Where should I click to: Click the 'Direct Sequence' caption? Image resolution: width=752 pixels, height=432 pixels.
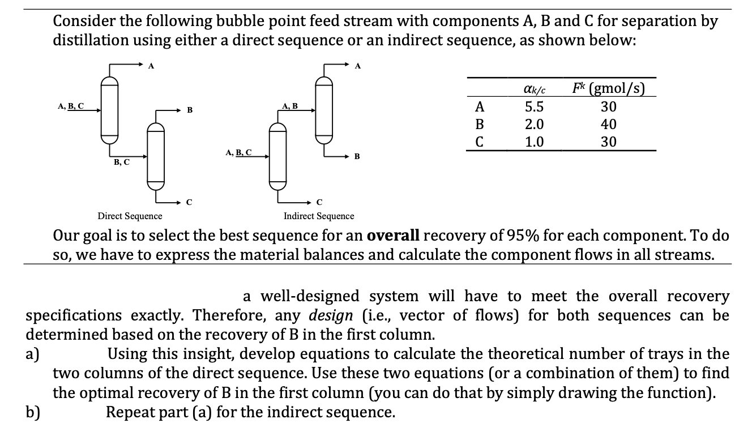pyautogui.click(x=130, y=216)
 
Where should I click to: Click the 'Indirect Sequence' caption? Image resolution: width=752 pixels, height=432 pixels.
pyautogui.click(x=319, y=216)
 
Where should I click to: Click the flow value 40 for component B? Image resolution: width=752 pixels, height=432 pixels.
pyautogui.click(x=608, y=125)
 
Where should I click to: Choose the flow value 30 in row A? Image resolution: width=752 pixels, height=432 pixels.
pyautogui.click(x=608, y=107)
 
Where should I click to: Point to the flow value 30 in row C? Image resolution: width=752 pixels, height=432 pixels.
pyautogui.click(x=608, y=142)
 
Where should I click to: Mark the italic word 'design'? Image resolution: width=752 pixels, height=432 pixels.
pyautogui.click(x=331, y=315)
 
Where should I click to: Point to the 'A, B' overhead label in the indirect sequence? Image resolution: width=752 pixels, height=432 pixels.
pyautogui.click(x=289, y=106)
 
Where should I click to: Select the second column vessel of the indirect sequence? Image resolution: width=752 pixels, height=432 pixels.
pyautogui.click(x=323, y=111)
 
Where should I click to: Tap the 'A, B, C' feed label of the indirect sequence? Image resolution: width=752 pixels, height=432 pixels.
pyautogui.click(x=238, y=152)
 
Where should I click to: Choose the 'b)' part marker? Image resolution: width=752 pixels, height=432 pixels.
pyautogui.click(x=33, y=412)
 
